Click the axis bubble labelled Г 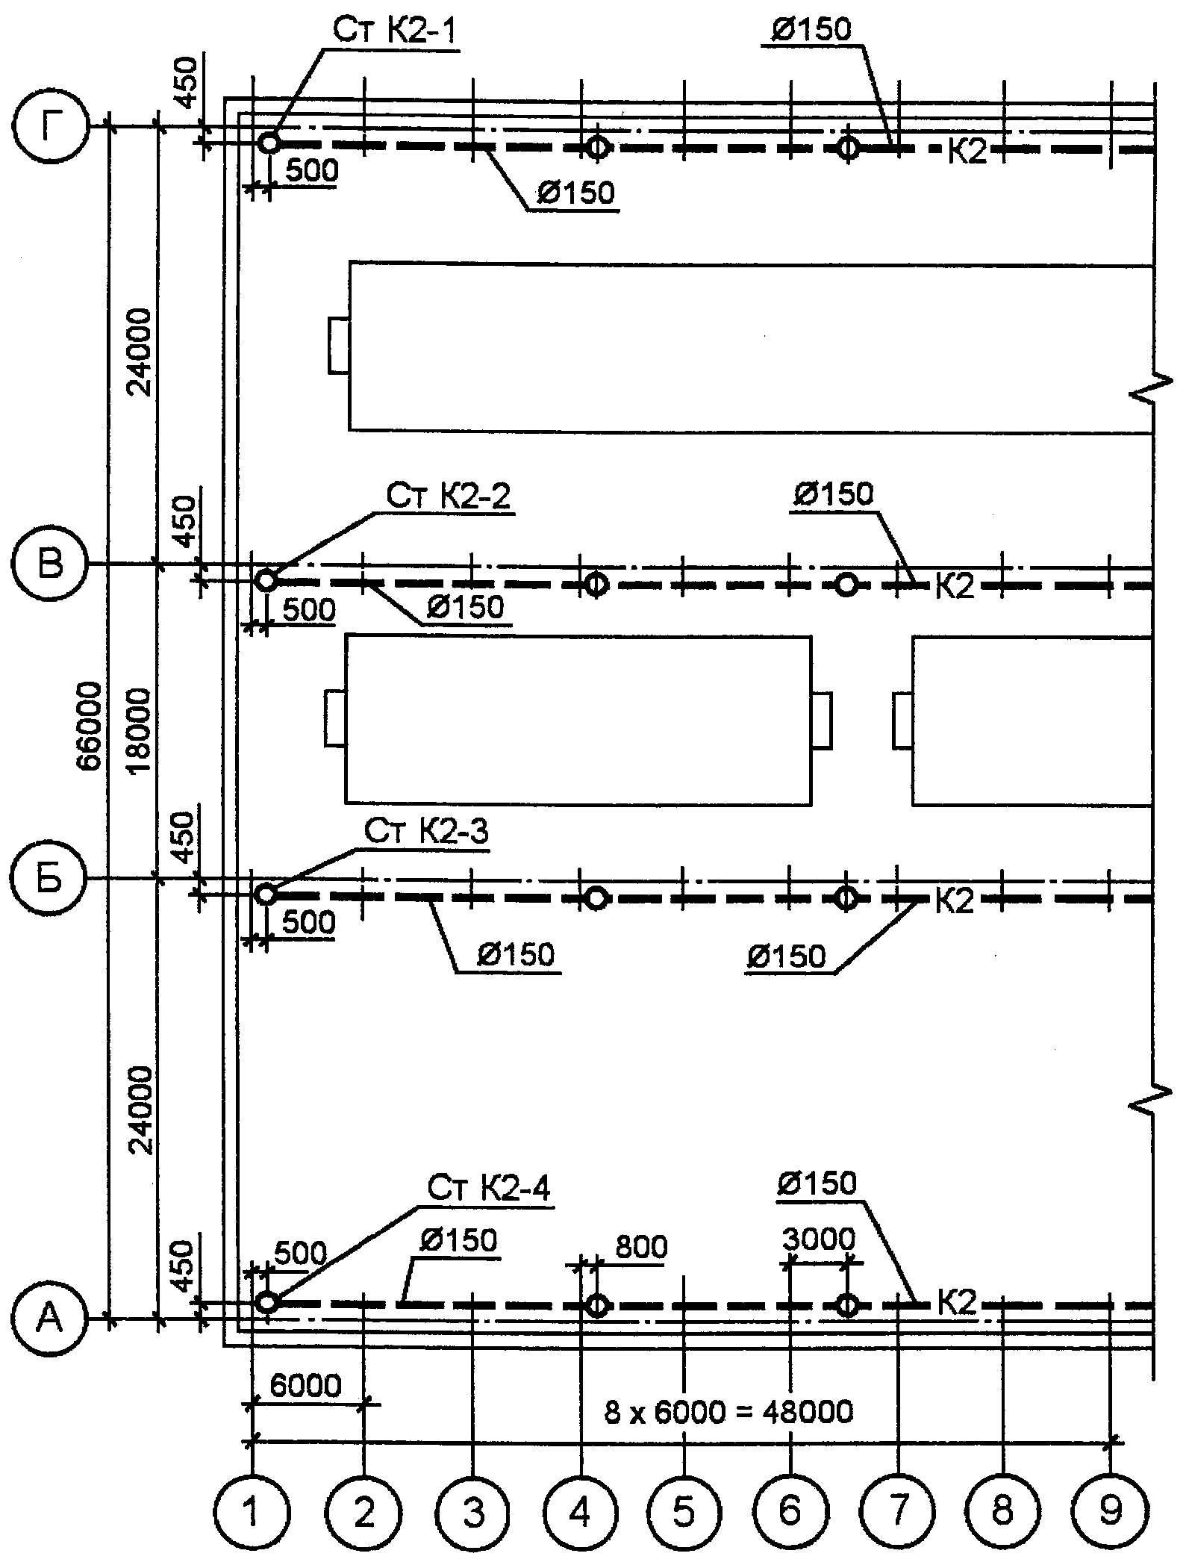pos(50,128)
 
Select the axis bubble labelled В pos(50,564)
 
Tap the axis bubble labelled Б pos(50,880)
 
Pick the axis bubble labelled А pos(50,1319)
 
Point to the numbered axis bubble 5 pos(684,1512)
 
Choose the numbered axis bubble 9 pos(1111,1512)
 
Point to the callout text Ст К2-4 pos(489,1189)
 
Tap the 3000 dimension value pos(820,1239)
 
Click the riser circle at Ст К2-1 pos(269,142)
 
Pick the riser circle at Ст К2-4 pos(267,1302)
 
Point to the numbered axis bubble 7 pos(898,1512)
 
